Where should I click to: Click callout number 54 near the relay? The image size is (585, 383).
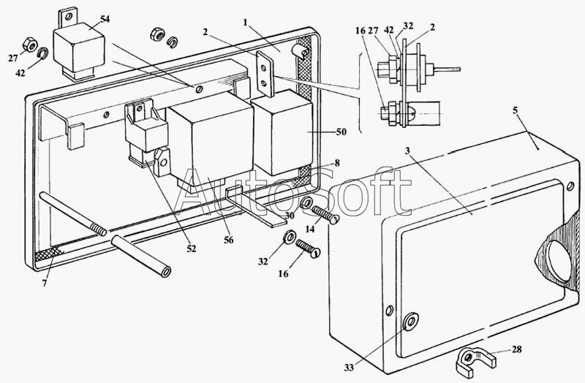click(x=105, y=18)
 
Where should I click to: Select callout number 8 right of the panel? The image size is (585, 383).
click(x=337, y=163)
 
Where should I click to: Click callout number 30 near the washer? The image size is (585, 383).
click(x=290, y=216)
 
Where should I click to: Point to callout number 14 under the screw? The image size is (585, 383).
click(x=310, y=229)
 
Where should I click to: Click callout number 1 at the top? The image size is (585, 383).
click(x=246, y=24)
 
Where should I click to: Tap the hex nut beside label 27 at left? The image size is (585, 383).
click(x=31, y=42)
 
